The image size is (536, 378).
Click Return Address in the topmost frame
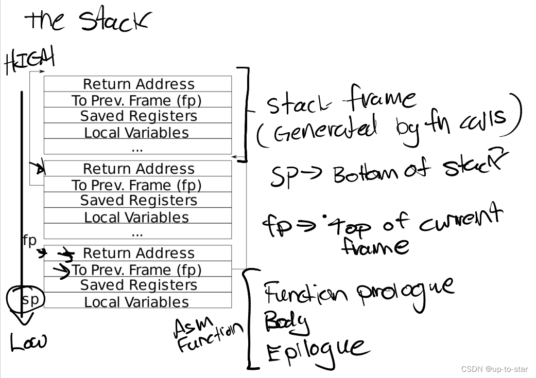point(138,84)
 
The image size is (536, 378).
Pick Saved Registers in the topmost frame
point(138,116)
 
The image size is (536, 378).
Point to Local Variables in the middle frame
point(136,217)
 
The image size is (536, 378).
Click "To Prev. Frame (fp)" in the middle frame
point(136,185)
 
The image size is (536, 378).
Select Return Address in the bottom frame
point(138,253)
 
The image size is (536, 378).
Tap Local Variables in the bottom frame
point(136,302)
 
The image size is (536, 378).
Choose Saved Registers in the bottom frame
point(138,285)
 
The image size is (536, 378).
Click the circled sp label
point(30,299)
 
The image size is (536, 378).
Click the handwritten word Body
point(287,323)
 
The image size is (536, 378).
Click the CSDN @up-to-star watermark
point(495,369)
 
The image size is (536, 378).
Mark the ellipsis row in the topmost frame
point(137,148)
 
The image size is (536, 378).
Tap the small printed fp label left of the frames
point(29,240)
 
